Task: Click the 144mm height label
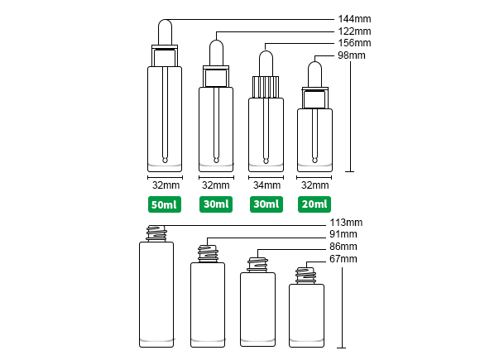(x=354, y=19)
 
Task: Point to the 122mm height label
(x=354, y=31)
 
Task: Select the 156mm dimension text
(x=354, y=43)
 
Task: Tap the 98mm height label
(x=352, y=55)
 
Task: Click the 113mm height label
(x=346, y=223)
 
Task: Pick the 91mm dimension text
(x=343, y=234)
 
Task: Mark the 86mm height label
(x=343, y=247)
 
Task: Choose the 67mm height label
(x=343, y=259)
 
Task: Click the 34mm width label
(x=266, y=185)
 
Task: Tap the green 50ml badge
(x=165, y=204)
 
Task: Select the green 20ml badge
(x=314, y=204)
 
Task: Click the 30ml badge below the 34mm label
(x=266, y=204)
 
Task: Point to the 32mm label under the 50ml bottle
(x=166, y=185)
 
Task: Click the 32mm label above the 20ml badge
(x=315, y=185)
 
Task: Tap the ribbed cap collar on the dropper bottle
(x=266, y=87)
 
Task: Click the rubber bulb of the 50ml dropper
(x=165, y=32)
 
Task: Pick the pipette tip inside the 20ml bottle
(x=314, y=160)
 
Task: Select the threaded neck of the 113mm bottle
(x=156, y=233)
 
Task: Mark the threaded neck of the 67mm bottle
(x=305, y=276)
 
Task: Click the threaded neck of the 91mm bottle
(x=208, y=254)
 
